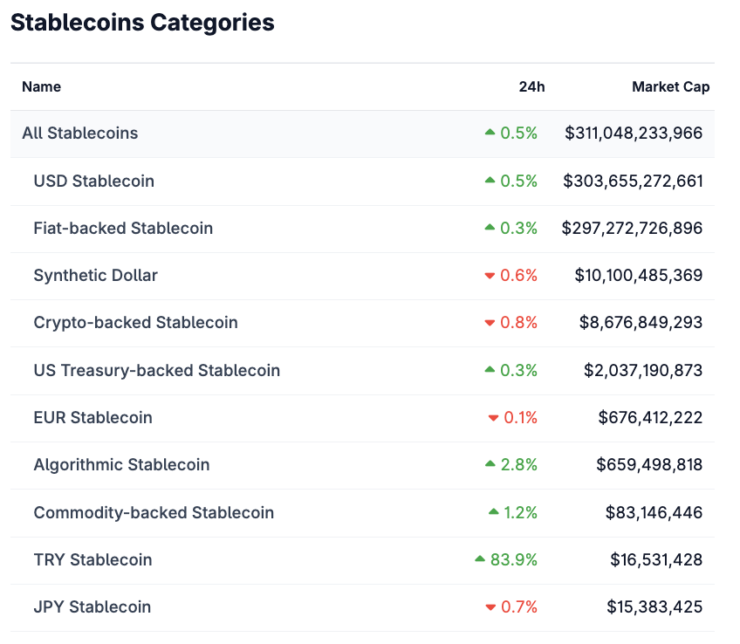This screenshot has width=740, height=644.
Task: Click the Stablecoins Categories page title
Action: (x=142, y=23)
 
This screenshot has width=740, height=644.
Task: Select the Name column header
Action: (x=41, y=86)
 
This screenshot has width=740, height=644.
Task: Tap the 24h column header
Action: (x=531, y=86)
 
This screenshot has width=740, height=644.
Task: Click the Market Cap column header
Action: (x=670, y=86)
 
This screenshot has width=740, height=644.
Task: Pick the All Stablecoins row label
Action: (x=80, y=134)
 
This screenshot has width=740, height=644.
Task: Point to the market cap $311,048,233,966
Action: (x=634, y=134)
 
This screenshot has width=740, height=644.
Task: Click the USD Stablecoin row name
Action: (x=93, y=181)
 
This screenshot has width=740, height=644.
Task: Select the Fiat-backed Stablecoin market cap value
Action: (x=633, y=228)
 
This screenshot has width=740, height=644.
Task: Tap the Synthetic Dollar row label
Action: (x=95, y=275)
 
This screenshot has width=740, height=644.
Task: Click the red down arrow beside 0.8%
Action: (x=490, y=323)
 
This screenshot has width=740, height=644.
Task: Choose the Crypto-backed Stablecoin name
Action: (x=135, y=322)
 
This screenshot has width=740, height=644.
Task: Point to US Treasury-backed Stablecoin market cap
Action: (x=643, y=370)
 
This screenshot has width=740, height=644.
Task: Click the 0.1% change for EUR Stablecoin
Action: (x=520, y=417)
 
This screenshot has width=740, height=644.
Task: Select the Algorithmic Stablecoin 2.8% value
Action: (x=518, y=464)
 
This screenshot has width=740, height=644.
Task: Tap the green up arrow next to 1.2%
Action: (x=494, y=511)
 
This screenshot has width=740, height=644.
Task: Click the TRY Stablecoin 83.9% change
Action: (x=513, y=559)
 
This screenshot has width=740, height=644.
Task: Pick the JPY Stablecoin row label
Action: (x=92, y=606)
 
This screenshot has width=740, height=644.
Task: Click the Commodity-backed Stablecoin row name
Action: (x=154, y=512)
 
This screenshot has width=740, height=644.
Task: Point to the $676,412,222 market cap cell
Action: (x=650, y=417)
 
